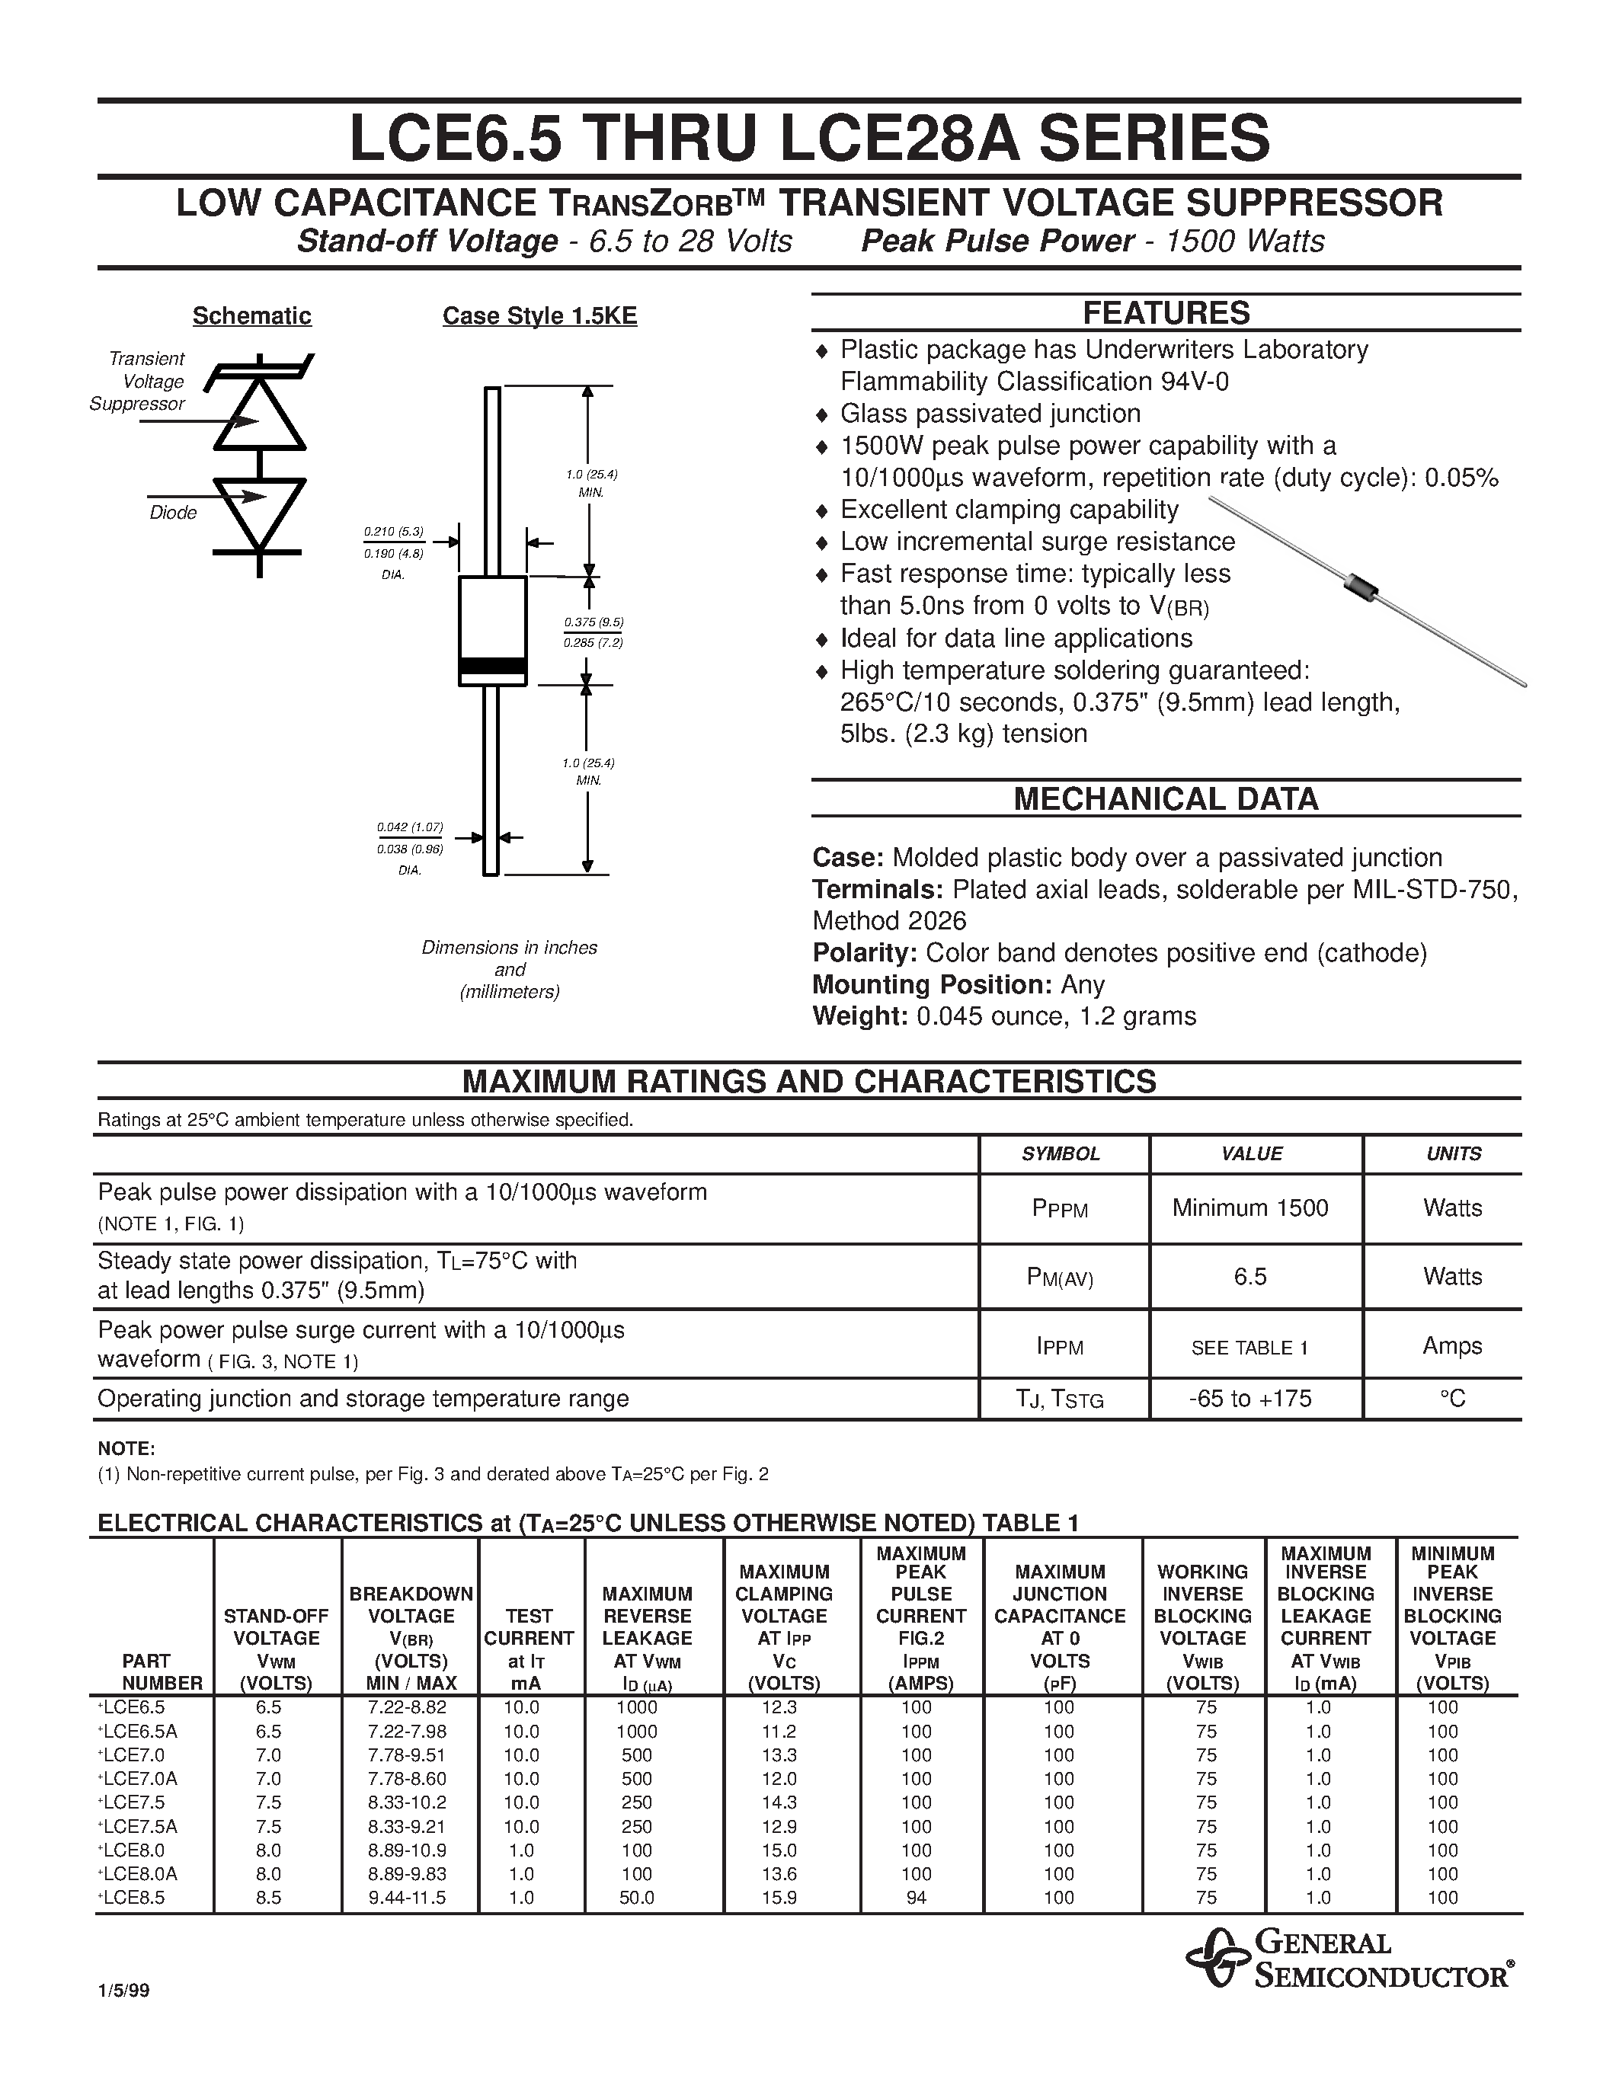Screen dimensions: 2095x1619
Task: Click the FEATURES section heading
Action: pyautogui.click(x=1166, y=312)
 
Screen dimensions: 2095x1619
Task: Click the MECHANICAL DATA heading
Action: pyautogui.click(x=1166, y=799)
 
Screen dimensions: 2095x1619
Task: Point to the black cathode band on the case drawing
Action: pyautogui.click(x=492, y=666)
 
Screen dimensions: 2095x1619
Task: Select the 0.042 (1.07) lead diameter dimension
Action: pyautogui.click(x=410, y=827)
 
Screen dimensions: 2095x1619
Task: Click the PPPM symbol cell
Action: pyautogui.click(x=1060, y=1209)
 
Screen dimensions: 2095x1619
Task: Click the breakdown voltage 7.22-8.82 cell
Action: pyautogui.click(x=408, y=1707)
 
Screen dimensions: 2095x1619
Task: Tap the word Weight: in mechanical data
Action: pyautogui.click(x=859, y=1016)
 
